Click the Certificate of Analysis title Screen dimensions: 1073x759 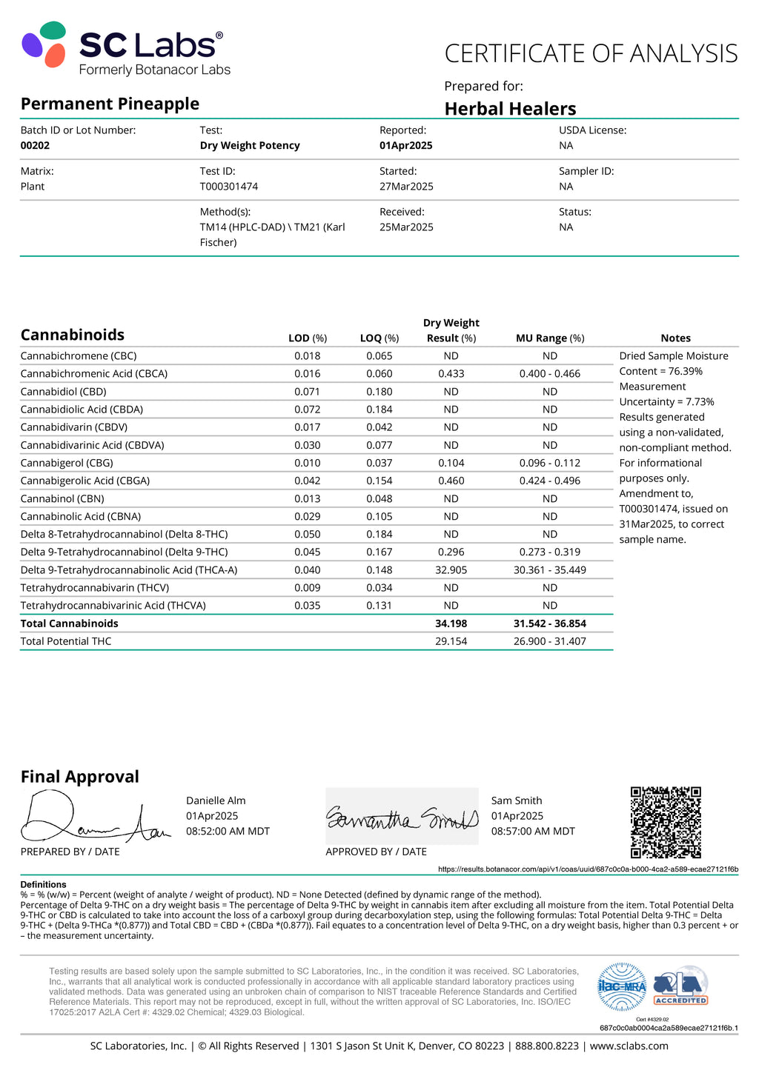click(x=591, y=54)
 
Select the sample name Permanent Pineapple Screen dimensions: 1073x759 click(x=110, y=104)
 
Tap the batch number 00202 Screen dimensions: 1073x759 click(x=35, y=146)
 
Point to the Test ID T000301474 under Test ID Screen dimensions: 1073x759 click(x=228, y=187)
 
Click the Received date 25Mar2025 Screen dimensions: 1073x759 click(x=406, y=227)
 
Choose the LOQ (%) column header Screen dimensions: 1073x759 click(x=379, y=338)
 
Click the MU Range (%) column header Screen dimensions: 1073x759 click(x=550, y=338)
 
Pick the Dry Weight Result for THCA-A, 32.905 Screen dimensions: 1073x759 click(x=451, y=570)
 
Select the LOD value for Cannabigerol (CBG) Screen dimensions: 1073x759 click(x=308, y=463)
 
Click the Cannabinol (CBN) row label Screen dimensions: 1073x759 click(x=62, y=498)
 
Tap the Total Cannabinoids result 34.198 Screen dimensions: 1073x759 click(x=451, y=624)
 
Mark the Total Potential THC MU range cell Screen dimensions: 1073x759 click(x=550, y=641)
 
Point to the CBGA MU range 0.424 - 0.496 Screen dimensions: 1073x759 click(x=550, y=481)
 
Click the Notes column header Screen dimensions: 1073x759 click(x=675, y=338)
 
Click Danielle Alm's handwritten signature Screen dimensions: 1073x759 click(x=93, y=819)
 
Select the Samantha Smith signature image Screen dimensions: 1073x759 click(x=402, y=817)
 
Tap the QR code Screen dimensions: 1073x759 click(x=666, y=822)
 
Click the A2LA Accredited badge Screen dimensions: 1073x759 click(x=680, y=986)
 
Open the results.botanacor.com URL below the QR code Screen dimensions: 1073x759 click(x=588, y=869)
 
